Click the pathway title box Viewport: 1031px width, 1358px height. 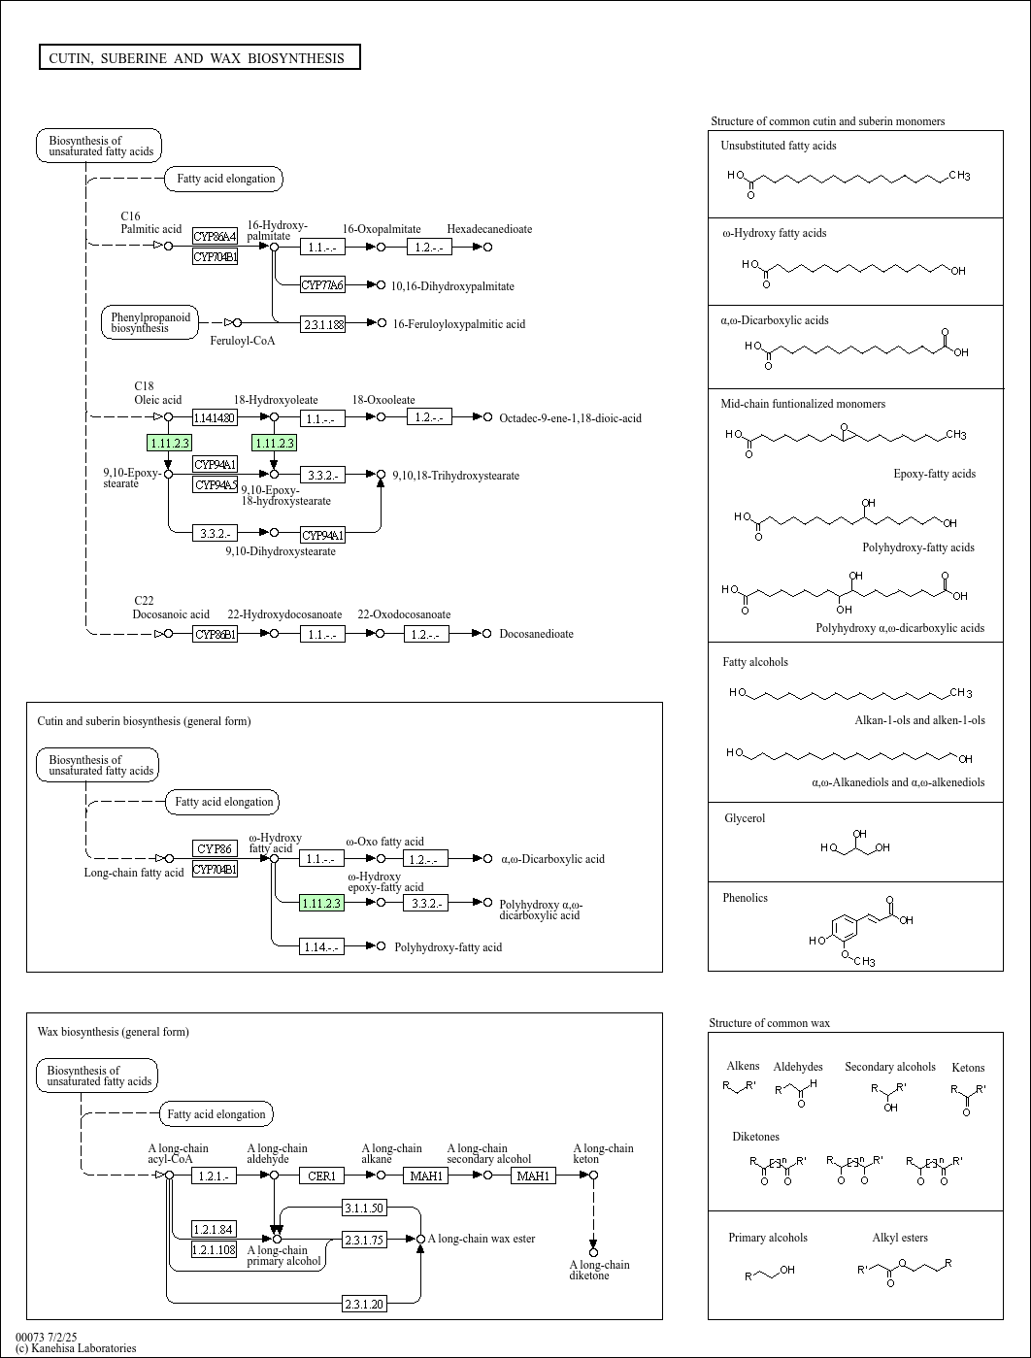click(x=199, y=58)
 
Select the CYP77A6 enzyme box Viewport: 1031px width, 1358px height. click(x=322, y=285)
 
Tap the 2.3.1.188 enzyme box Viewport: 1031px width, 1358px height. click(x=323, y=324)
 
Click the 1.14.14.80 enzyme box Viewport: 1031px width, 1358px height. click(x=215, y=418)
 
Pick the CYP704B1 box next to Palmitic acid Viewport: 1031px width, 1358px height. click(x=215, y=257)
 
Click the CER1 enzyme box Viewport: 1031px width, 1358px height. click(x=321, y=1176)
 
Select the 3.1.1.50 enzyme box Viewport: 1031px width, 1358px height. click(x=364, y=1209)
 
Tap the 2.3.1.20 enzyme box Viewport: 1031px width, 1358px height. click(x=364, y=1304)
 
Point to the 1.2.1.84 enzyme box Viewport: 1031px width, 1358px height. click(x=214, y=1230)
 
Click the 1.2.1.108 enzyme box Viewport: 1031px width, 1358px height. click(x=214, y=1250)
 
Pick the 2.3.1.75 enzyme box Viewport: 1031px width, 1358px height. click(x=364, y=1240)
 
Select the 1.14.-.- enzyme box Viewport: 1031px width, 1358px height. click(x=321, y=946)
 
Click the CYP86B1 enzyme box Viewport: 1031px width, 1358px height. click(x=215, y=635)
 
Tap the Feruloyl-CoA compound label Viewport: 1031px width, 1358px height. click(x=243, y=341)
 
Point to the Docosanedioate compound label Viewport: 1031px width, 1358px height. click(x=536, y=635)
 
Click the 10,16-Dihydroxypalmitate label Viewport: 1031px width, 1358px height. click(x=452, y=286)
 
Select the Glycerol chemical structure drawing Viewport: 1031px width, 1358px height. click(x=855, y=845)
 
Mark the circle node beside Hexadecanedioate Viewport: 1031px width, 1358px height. click(x=488, y=248)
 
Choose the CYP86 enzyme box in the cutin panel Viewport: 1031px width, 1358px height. click(x=215, y=849)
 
